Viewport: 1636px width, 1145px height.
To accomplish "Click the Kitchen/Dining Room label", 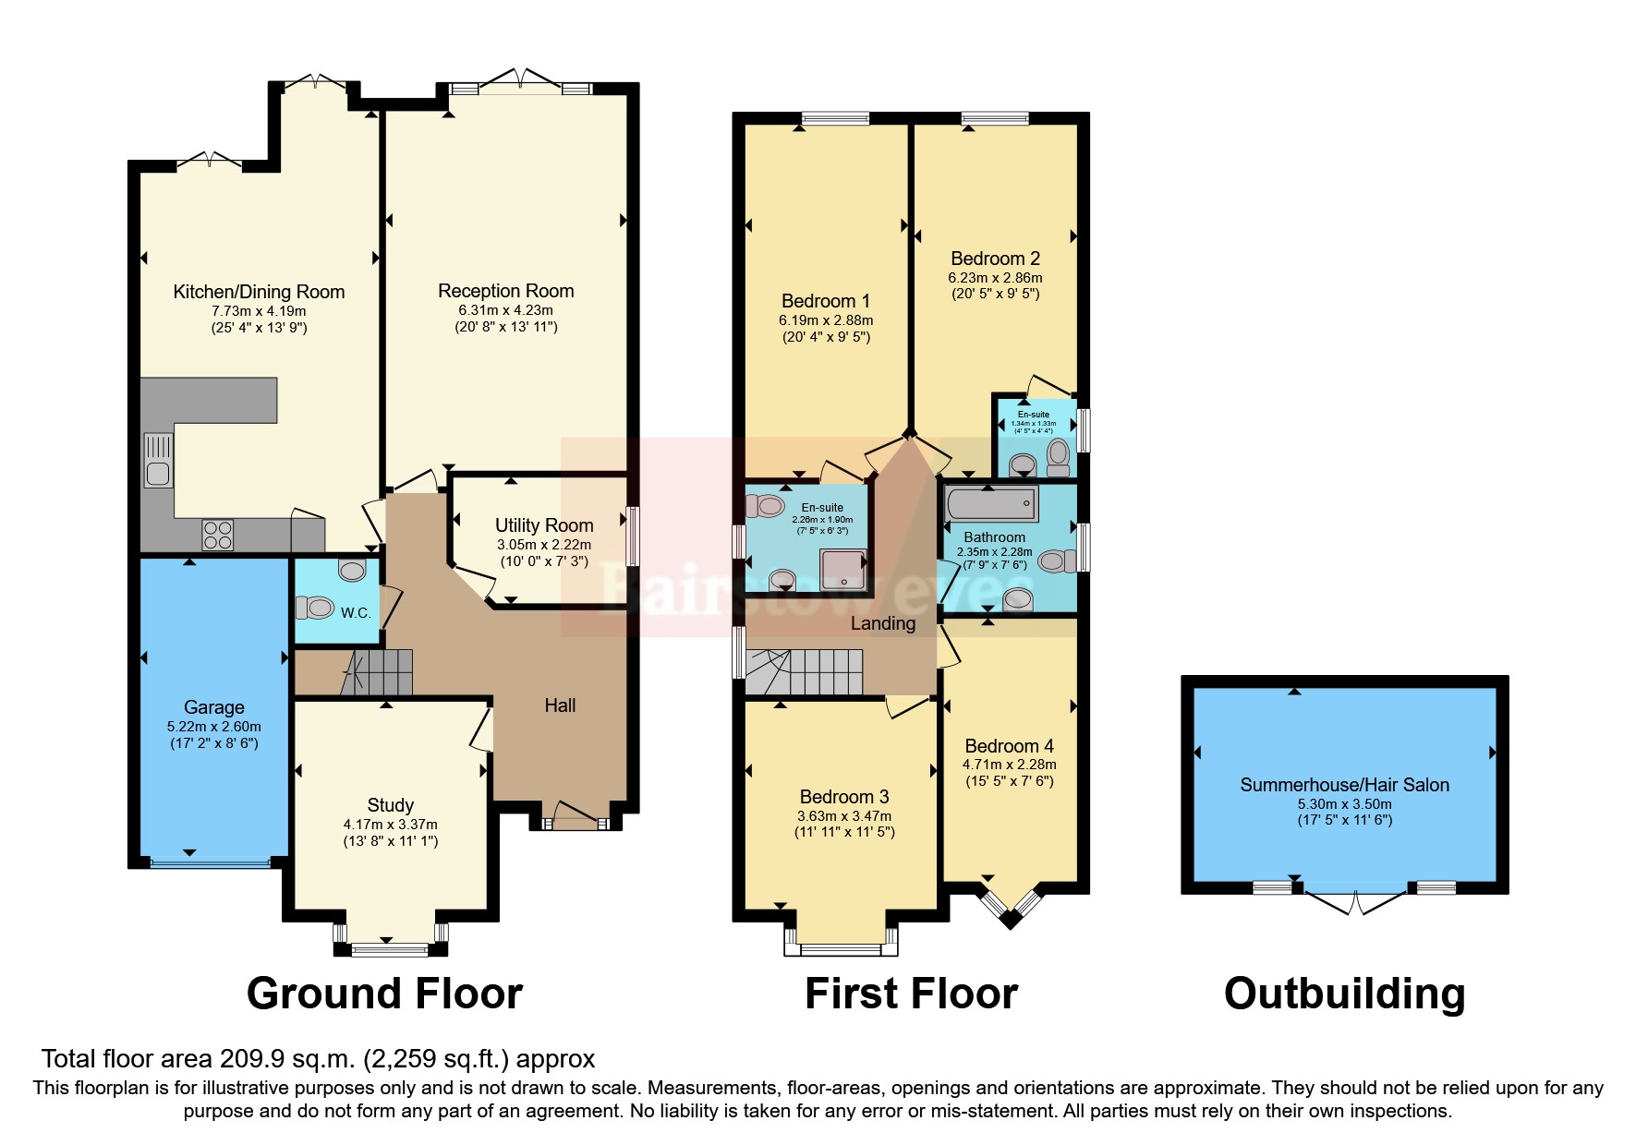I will pos(259,292).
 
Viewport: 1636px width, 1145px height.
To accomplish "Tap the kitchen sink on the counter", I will pos(158,461).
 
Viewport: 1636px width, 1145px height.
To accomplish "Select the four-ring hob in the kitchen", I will pos(218,535).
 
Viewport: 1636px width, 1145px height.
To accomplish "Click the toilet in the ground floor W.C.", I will pos(315,607).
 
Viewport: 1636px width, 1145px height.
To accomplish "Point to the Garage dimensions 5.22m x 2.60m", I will pos(214,727).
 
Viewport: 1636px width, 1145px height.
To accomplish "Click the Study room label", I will pos(390,805).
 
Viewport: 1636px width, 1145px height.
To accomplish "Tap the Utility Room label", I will pos(544,525).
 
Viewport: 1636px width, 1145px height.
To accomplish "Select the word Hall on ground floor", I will pos(560,705).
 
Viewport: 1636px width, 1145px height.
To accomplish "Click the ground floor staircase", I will pos(378,671).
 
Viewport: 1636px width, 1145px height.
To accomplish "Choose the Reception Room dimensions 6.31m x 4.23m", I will pos(506,310).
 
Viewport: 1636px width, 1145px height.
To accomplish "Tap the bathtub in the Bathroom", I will pos(992,505).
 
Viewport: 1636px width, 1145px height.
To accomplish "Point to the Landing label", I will pos(883,623).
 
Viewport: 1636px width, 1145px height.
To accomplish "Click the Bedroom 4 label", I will pos(1009,746).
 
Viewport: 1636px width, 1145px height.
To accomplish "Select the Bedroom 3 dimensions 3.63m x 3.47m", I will pos(844,816).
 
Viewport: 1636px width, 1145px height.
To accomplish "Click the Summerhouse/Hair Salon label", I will pos(1344,785).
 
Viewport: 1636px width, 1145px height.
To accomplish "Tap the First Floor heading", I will pos(911,994).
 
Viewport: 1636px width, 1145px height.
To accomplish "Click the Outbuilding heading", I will pos(1344,994).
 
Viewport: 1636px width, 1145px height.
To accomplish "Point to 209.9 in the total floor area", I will pos(254,1058).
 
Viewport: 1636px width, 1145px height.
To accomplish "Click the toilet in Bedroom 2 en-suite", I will pos(1058,455).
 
